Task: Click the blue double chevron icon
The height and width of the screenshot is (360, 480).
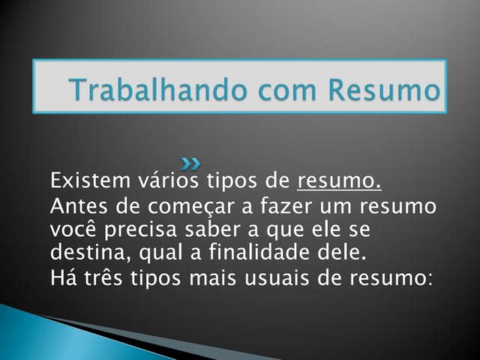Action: [191, 162]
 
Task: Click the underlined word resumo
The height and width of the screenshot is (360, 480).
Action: [340, 181]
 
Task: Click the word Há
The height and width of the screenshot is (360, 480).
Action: [63, 277]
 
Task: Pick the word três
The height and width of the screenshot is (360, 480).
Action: [103, 277]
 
